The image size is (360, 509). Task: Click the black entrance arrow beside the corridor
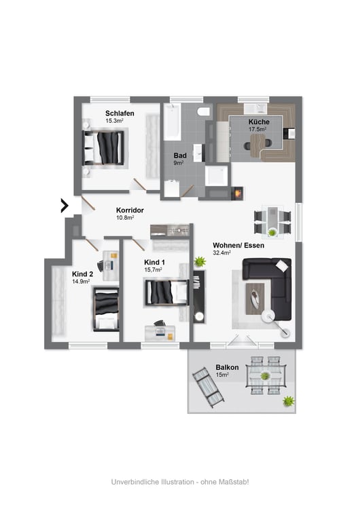click(65, 206)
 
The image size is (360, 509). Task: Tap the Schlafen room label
click(120, 113)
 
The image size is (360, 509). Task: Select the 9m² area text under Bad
click(179, 163)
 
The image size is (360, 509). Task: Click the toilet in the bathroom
click(204, 111)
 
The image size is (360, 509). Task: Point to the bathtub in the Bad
click(173, 121)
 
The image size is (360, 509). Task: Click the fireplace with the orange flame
click(238, 193)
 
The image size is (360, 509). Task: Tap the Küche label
click(259, 121)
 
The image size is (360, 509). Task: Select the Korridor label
click(130, 210)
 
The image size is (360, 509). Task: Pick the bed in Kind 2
click(106, 309)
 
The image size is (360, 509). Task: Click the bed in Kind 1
click(166, 292)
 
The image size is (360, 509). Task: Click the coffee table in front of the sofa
click(255, 299)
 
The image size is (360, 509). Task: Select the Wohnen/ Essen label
click(238, 245)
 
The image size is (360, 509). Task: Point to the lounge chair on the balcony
click(208, 388)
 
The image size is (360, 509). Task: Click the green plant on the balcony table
click(265, 376)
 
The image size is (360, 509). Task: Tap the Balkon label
click(227, 367)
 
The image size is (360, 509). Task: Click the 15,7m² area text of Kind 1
click(153, 269)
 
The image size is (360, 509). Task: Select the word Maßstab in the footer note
click(232, 482)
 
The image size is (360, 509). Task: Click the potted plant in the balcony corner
click(288, 401)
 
